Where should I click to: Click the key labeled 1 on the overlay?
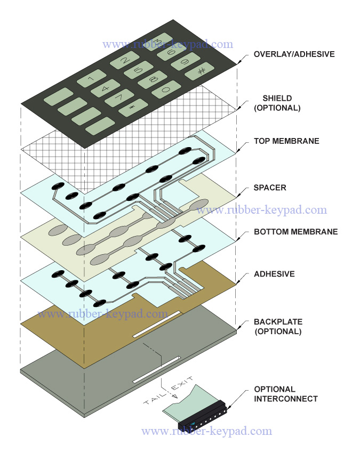click(92, 79)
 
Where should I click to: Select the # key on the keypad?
click(200, 72)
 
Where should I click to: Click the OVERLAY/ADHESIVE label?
click(294, 54)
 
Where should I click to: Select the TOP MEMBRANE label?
click(286, 141)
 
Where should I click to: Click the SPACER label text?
click(270, 188)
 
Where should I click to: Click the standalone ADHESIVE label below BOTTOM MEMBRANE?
click(274, 274)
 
